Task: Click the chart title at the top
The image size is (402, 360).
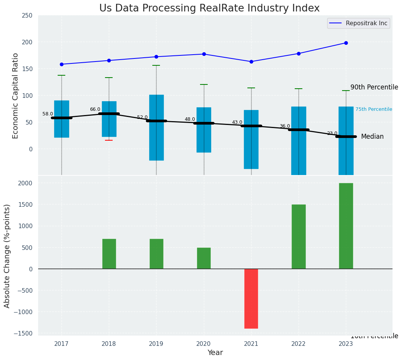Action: (209, 8)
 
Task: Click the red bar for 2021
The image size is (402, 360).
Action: (251, 298)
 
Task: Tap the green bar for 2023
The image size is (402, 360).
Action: (346, 226)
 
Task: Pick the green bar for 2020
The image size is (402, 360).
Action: (204, 258)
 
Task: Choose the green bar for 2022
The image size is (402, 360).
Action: (299, 237)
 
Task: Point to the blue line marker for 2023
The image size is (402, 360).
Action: (346, 43)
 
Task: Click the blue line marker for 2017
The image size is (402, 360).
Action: (61, 64)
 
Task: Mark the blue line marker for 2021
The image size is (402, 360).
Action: (251, 62)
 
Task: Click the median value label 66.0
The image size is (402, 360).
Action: (95, 109)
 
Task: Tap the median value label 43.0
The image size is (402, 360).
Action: (237, 122)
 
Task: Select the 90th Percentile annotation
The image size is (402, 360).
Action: (374, 87)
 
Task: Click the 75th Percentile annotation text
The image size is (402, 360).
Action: (374, 109)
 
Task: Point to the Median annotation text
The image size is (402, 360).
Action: (372, 136)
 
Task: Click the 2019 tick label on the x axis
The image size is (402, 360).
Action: (156, 344)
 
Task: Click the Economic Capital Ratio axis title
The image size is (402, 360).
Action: (16, 96)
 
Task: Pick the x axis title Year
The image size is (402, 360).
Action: (215, 353)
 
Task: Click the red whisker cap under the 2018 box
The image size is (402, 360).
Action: (109, 140)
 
